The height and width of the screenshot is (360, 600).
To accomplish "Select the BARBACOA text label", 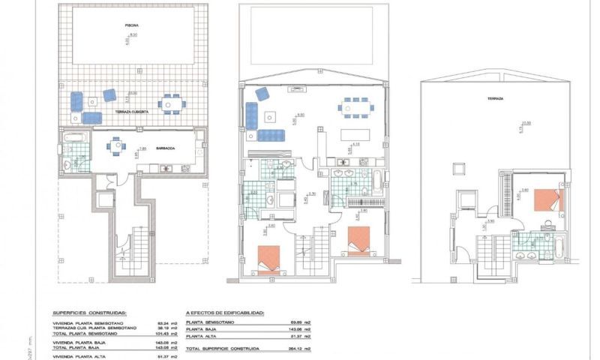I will pyautogui.click(x=166, y=148).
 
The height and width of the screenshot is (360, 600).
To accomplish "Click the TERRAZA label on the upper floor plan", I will pyautogui.click(x=495, y=98).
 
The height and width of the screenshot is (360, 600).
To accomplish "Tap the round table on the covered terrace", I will pyautogui.click(x=172, y=104).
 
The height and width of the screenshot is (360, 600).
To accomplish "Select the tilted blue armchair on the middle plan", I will pyautogui.click(x=262, y=93).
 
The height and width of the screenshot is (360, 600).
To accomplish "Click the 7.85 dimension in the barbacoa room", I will pyautogui.click(x=142, y=148).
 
